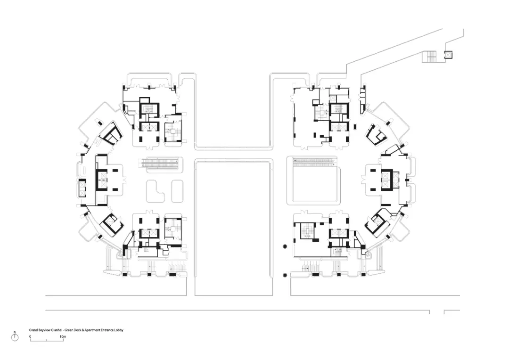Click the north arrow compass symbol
[15, 337]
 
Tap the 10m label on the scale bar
[63, 336]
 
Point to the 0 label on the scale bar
[30, 336]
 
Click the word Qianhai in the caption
[57, 330]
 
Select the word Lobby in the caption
[119, 330]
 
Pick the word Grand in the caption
[33, 330]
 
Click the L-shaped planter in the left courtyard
[156, 191]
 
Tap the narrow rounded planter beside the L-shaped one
[177, 191]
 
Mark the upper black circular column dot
[285, 247]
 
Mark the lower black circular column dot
[285, 275]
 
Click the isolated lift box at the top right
[448, 55]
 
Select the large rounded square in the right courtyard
[313, 180]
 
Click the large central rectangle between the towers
[233, 227]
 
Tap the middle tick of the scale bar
[47, 340]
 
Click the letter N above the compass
[15, 332]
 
